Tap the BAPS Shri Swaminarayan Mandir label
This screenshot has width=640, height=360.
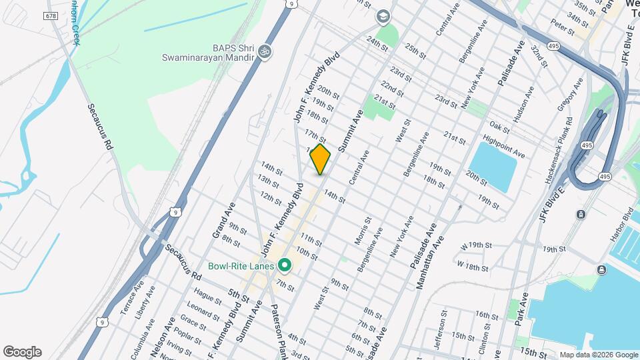point(209,53)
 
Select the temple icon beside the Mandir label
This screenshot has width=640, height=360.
point(265,52)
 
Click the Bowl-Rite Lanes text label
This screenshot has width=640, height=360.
point(241,266)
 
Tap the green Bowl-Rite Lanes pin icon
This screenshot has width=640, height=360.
point(285,266)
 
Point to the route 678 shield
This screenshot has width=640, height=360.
point(51,15)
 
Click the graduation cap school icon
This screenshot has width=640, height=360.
point(383,15)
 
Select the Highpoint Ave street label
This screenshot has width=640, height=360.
point(505,148)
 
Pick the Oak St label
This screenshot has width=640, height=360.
point(499,126)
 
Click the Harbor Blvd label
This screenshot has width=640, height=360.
point(619,227)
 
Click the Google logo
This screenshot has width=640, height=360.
point(22,352)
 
